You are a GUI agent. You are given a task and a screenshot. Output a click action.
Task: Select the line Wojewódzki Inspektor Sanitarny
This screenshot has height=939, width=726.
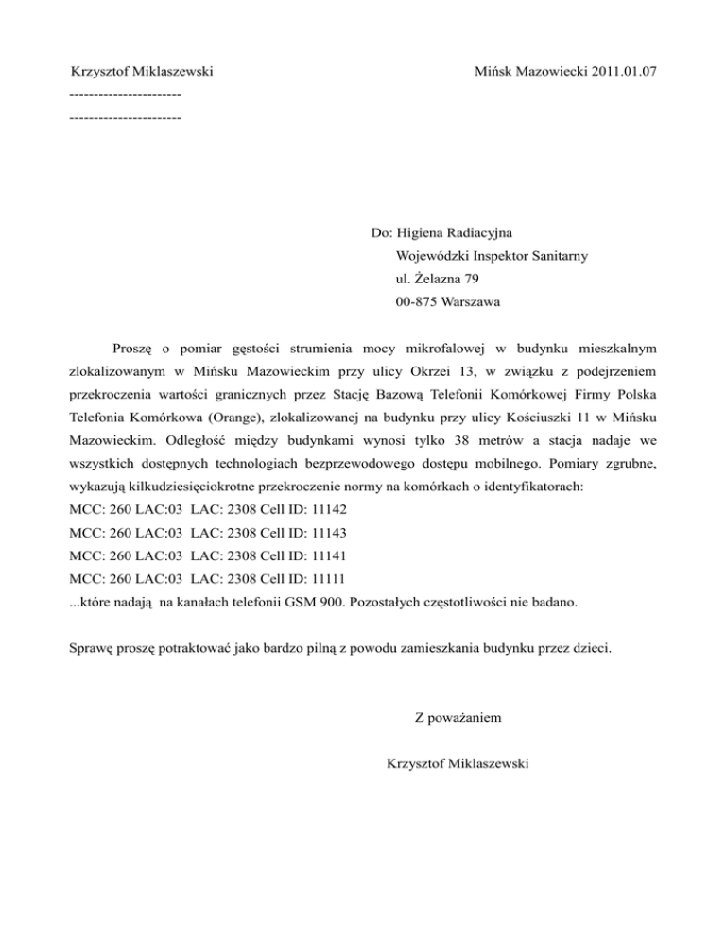[484, 255]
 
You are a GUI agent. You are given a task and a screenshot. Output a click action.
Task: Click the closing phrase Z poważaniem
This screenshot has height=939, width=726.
[458, 719]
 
